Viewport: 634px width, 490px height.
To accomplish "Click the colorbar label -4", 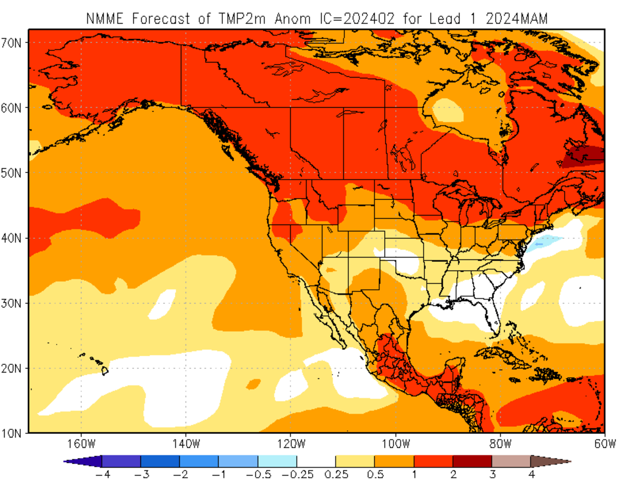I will [101, 474].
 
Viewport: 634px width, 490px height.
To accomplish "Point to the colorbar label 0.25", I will [335, 474].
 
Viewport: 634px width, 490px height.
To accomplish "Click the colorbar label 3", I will [492, 474].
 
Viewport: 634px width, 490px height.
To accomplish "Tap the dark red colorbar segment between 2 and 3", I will [472, 461].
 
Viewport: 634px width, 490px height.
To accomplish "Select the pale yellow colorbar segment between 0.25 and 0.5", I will [355, 461].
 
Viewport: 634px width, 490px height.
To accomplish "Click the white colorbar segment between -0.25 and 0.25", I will [316, 461].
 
